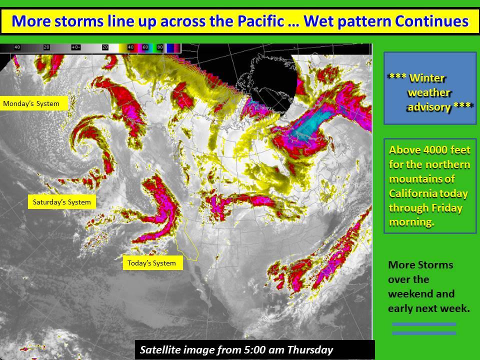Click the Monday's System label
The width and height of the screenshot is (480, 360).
[x=33, y=103]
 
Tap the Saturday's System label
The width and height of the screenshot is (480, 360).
[x=62, y=201]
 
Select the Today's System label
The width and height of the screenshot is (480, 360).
[x=153, y=262]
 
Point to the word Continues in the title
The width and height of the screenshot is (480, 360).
[x=431, y=21]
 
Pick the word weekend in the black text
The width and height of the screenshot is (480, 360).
[x=421, y=294]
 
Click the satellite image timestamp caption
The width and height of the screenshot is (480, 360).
[x=236, y=349]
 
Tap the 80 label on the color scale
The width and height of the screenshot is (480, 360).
[x=160, y=47]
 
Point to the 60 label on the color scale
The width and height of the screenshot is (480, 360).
[x=145, y=47]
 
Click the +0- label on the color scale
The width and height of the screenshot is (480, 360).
[x=75, y=47]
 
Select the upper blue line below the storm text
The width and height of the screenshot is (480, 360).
[x=424, y=324]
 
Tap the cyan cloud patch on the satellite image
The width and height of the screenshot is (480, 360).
[x=312, y=124]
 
